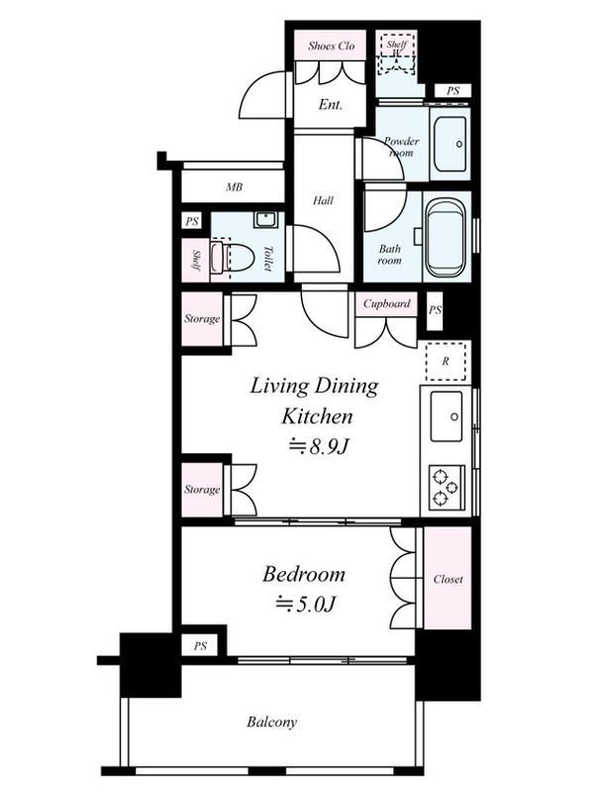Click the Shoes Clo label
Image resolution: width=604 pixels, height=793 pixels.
(332, 46)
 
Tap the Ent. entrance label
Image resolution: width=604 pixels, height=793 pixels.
(331, 105)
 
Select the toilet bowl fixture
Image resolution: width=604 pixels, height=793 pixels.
(238, 258)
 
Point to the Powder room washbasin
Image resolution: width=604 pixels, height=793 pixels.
(451, 144)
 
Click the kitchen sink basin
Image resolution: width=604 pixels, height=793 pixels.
(446, 415)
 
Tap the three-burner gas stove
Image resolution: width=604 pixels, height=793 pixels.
(446, 487)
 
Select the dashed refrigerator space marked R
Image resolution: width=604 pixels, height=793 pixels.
(446, 361)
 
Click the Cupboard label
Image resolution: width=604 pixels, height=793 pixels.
(387, 303)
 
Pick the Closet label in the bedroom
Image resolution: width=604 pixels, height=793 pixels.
(448, 579)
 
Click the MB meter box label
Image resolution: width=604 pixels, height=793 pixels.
(234, 187)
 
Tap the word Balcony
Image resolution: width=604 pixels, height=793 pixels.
(271, 722)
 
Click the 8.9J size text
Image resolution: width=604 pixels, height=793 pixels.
(319, 447)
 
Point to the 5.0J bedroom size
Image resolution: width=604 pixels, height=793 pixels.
(306, 604)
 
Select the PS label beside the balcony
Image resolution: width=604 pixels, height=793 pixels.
(200, 646)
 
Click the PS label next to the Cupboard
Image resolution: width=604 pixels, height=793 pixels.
(435, 309)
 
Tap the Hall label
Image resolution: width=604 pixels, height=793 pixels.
(323, 201)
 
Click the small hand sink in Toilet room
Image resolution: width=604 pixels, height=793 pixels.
(264, 220)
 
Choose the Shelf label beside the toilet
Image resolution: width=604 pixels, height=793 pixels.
(195, 260)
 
